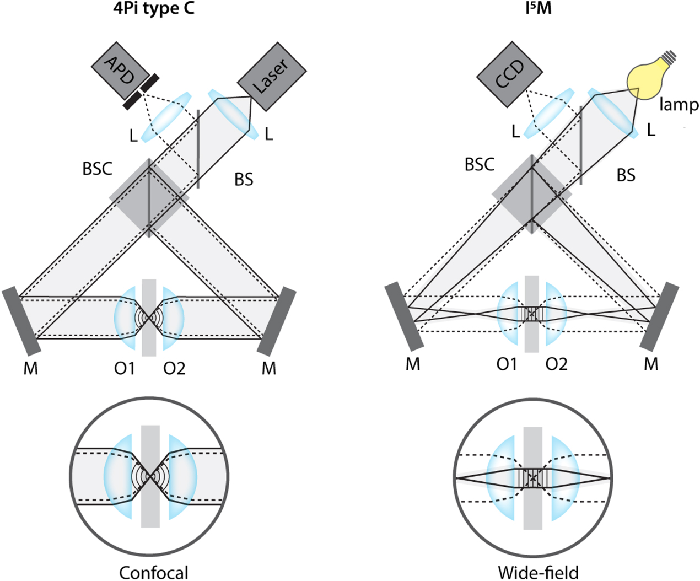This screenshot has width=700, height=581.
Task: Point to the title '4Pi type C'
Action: (x=154, y=9)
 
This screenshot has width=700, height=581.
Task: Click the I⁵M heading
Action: (x=538, y=9)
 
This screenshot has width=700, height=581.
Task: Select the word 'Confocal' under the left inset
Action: (x=154, y=573)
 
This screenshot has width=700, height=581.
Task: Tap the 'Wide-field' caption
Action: (x=538, y=573)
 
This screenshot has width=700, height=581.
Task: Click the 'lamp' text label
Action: (x=679, y=105)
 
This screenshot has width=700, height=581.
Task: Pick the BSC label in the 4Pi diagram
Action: (x=97, y=169)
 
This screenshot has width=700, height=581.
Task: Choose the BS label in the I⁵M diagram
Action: (x=626, y=175)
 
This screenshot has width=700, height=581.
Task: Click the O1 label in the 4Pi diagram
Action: (x=125, y=368)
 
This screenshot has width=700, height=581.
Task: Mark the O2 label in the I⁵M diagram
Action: (x=556, y=364)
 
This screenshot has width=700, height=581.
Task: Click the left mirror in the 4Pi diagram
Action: (x=21, y=321)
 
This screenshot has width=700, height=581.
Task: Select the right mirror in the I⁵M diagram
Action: (x=659, y=316)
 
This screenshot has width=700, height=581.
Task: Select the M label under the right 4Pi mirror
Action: (x=268, y=368)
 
